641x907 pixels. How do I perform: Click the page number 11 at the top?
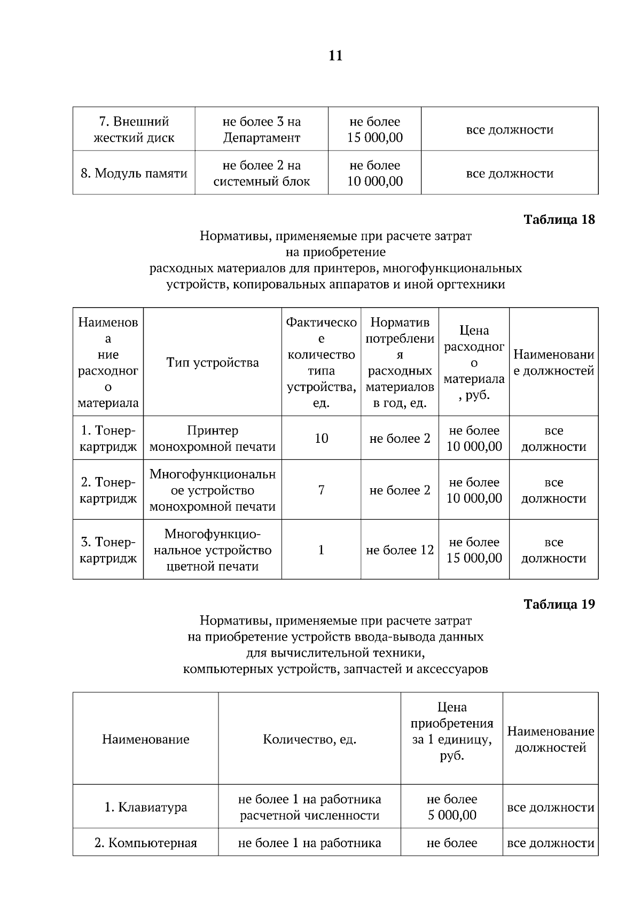tap(335, 56)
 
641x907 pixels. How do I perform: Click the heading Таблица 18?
tap(559, 220)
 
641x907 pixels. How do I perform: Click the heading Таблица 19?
tap(559, 604)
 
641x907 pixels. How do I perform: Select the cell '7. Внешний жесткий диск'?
tap(134, 129)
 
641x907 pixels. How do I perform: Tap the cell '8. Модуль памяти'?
tap(134, 173)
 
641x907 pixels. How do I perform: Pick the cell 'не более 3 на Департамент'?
tap(261, 129)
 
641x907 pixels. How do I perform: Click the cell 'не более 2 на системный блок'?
tap(261, 173)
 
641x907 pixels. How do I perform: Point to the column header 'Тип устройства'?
tap(213, 363)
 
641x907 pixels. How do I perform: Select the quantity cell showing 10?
tap(321, 439)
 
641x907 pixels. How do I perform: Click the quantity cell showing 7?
tap(321, 490)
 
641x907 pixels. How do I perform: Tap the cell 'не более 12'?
tap(400, 550)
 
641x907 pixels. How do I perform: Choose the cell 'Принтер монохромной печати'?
tap(213, 439)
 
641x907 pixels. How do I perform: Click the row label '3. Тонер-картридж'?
tap(108, 550)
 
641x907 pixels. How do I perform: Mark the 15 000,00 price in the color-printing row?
tap(474, 558)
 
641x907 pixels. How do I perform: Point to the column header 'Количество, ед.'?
tap(309, 739)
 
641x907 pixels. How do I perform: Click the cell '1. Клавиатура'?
tap(145, 807)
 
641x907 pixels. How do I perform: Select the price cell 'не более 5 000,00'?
tap(451, 807)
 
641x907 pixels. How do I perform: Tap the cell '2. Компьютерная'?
tap(145, 843)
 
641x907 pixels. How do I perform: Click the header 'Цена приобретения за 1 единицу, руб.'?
tap(451, 731)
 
